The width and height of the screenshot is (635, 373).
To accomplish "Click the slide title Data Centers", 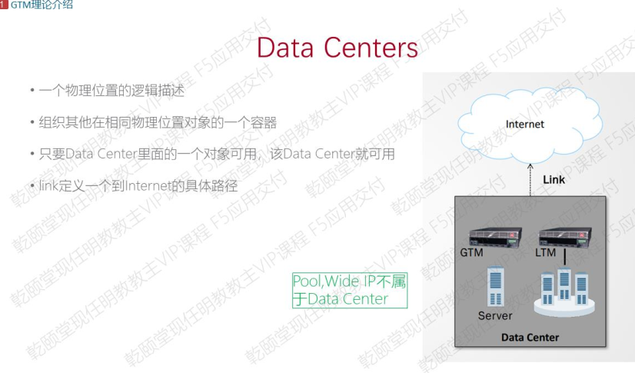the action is pos(337,48).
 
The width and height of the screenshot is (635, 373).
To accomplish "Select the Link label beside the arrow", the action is pos(554,179).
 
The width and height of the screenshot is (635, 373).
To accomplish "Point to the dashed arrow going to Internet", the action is pos(529,180).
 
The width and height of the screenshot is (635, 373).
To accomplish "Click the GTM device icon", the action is pos(491,237).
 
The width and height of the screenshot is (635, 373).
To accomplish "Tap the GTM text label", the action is pos(470,252).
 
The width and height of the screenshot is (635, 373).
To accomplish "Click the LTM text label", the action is pos(545,252).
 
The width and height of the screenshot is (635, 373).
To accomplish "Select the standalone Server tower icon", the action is pos(496,287).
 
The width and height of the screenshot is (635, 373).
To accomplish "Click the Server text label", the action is pos(495,315).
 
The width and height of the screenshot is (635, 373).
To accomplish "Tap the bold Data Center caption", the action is pos(530,338).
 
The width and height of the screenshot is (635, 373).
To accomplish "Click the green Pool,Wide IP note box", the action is pos(349,290).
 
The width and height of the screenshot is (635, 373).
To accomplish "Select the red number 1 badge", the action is pos(4,5).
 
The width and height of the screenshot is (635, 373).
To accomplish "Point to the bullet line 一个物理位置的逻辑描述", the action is pos(112,91).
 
